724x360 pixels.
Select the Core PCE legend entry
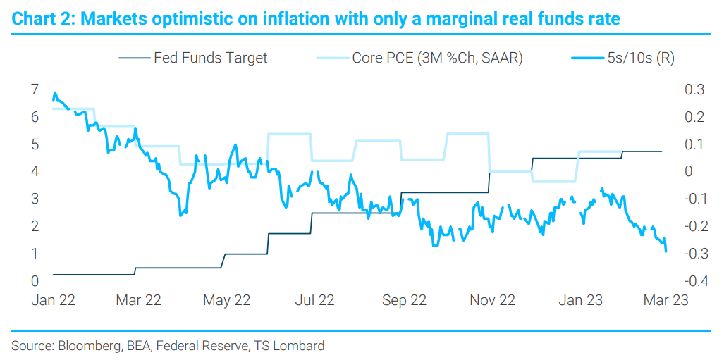[x=436, y=58]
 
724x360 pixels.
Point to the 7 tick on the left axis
[x=35, y=89]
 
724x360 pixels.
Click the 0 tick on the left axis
[x=35, y=281]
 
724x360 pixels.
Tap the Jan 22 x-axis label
[x=53, y=300]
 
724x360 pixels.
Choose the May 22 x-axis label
[x=227, y=300]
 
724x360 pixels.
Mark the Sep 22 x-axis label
[x=403, y=300]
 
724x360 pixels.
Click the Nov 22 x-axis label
[x=492, y=300]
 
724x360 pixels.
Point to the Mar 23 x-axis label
[x=665, y=300]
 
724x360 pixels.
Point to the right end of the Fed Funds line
[x=661, y=151]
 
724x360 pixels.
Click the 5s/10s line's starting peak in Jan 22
[x=54, y=93]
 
